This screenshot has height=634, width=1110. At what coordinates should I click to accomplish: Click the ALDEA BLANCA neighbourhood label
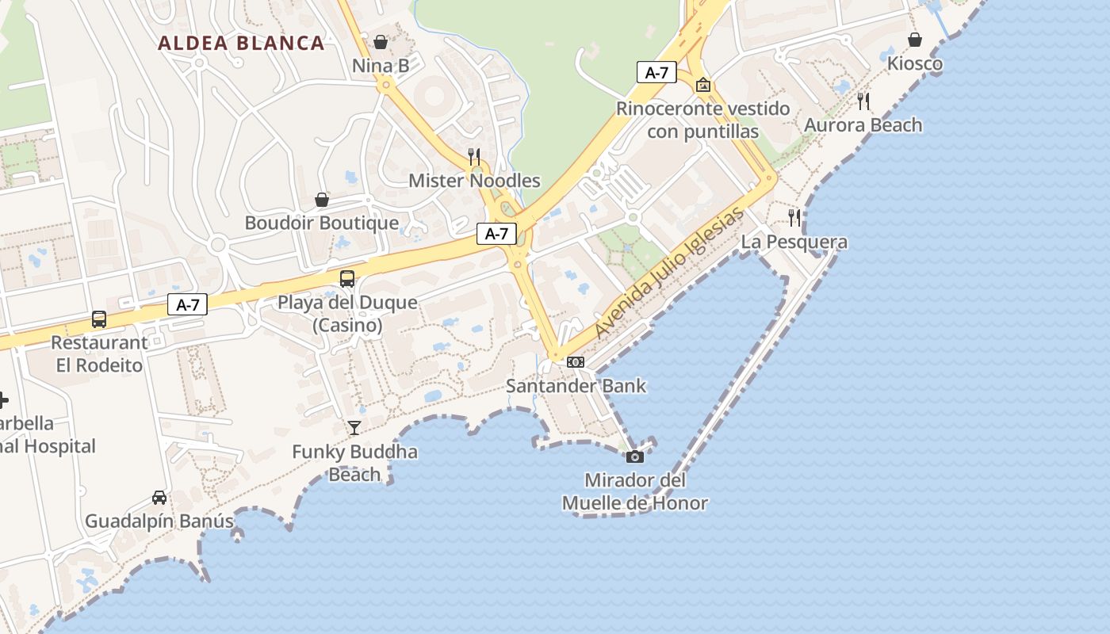click(241, 43)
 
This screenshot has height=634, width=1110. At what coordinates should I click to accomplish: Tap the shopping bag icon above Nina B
click(381, 42)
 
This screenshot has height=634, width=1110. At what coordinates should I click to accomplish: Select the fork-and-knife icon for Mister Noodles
click(474, 156)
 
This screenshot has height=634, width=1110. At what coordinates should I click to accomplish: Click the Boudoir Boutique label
click(321, 223)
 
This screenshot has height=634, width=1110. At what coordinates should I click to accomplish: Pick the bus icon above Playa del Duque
click(347, 278)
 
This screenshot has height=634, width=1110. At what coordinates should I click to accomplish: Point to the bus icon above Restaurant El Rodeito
click(99, 319)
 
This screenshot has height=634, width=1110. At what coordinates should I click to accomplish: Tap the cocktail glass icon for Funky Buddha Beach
click(354, 428)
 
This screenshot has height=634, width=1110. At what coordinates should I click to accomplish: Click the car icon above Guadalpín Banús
click(159, 497)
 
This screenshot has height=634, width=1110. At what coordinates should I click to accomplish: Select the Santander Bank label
click(576, 386)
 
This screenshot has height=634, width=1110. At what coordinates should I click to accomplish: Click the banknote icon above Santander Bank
click(576, 362)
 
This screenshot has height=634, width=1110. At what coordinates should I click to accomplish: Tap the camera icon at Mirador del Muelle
click(634, 456)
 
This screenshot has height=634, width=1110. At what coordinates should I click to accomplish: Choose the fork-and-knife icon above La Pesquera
click(794, 217)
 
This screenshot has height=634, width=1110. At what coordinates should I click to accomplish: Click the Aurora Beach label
click(863, 125)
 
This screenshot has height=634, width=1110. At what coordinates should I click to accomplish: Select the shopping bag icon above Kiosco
click(915, 39)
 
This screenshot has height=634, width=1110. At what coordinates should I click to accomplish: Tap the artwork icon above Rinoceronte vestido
click(702, 85)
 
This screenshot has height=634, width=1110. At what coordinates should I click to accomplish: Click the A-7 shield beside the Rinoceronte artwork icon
click(656, 73)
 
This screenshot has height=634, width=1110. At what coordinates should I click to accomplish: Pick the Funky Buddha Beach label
click(354, 463)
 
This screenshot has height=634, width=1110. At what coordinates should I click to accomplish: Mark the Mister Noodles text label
click(474, 181)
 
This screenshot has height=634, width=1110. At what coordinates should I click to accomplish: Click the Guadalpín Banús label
click(159, 521)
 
